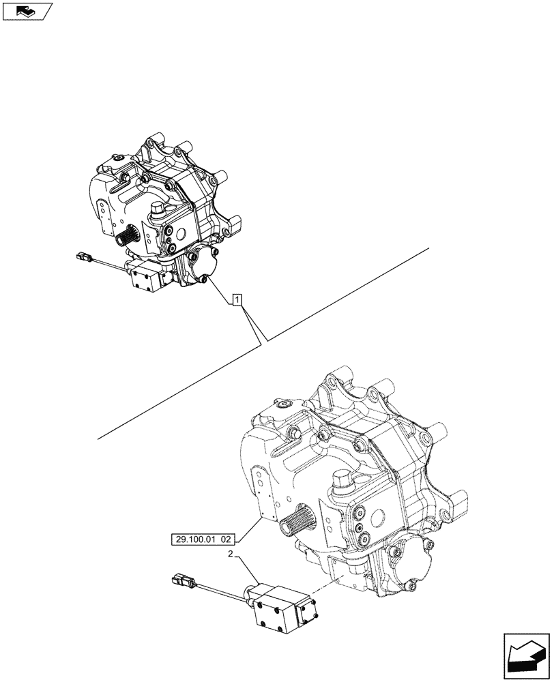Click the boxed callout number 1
pyautogui.click(x=237, y=299)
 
